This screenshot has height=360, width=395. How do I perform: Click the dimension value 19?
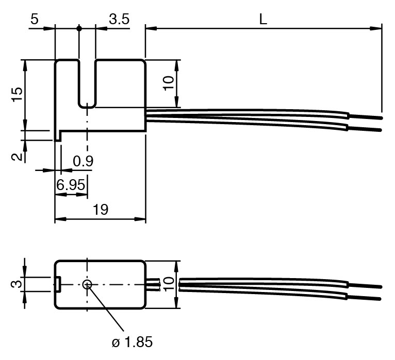click(101, 209)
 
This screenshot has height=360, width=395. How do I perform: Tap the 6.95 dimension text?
click(71, 185)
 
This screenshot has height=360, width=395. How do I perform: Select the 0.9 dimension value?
click(83, 161)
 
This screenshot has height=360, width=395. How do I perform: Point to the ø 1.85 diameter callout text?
click(132, 342)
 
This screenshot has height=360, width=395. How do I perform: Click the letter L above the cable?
click(263, 19)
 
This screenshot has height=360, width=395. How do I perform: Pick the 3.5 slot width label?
click(119, 19)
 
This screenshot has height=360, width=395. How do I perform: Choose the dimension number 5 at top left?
click(35, 19)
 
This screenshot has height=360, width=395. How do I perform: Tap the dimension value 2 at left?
click(17, 157)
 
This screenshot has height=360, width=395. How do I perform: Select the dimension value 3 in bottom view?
click(16, 284)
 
